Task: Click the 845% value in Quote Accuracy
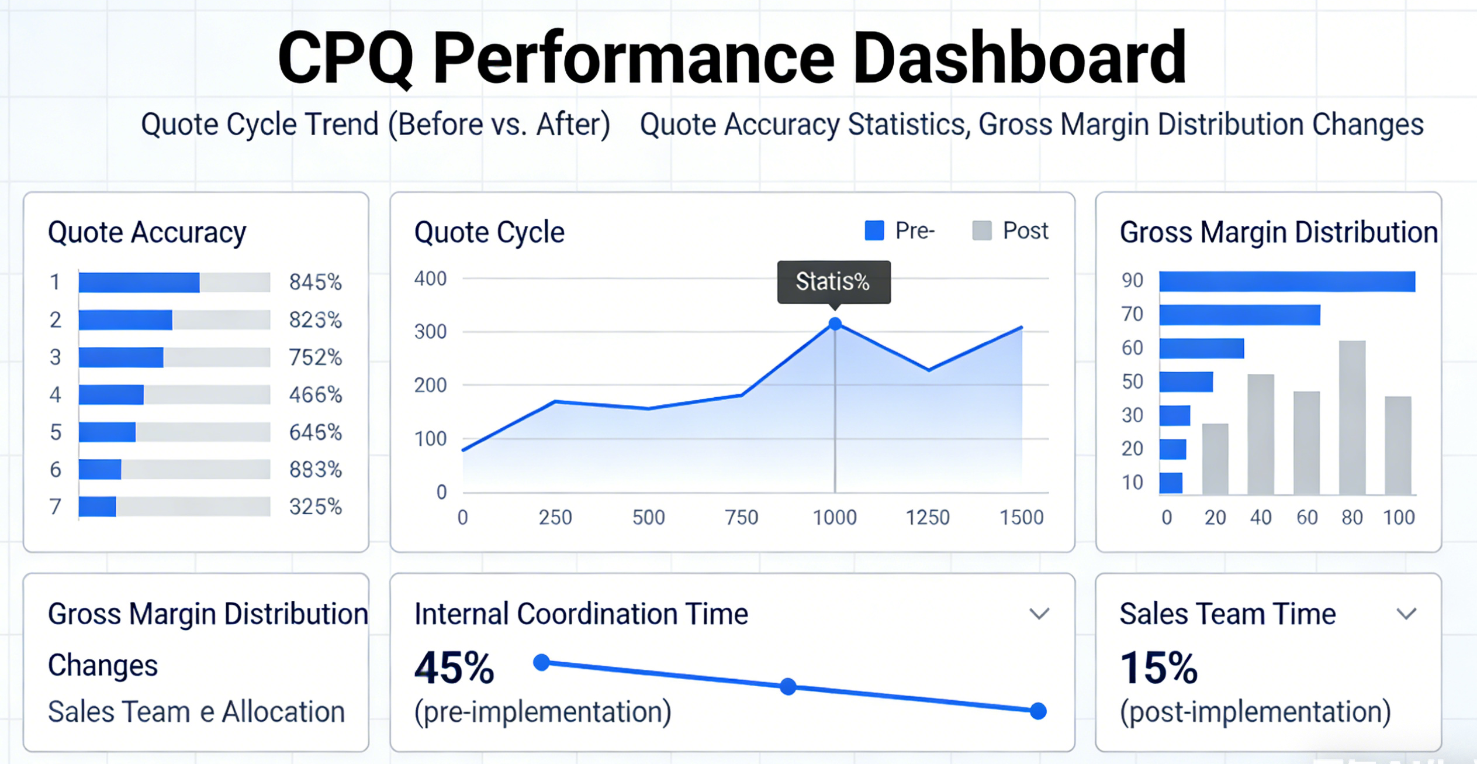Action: point(315,283)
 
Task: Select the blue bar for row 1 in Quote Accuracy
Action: point(139,283)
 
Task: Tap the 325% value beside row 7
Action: point(315,507)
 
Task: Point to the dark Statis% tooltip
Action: point(833,282)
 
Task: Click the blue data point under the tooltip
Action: point(835,324)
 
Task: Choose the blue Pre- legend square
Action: point(874,230)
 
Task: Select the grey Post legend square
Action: point(981,230)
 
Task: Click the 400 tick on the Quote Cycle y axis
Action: point(430,279)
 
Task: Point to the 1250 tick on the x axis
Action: point(928,518)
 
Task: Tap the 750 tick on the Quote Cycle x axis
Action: point(741,518)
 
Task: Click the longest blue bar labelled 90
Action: point(1287,281)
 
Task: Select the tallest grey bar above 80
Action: point(1352,418)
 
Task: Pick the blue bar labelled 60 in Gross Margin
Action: point(1201,349)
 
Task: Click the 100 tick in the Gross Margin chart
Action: point(1399,518)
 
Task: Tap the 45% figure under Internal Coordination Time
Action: point(454,668)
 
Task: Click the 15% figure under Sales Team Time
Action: point(1158,668)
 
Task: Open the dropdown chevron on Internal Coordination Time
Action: point(1039,614)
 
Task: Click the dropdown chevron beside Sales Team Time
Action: point(1406,614)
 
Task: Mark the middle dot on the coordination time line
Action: point(788,686)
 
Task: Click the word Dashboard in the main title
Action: point(1019,59)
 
